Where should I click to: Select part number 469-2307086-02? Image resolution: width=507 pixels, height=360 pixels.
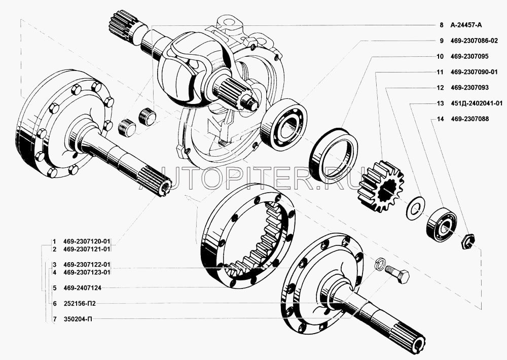click(474, 41)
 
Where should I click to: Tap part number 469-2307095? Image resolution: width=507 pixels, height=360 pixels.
click(469, 56)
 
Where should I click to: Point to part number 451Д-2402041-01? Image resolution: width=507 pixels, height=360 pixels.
click(476, 103)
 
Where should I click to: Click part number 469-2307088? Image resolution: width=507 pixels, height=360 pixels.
click(469, 119)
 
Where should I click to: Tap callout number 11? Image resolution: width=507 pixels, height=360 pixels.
click(440, 72)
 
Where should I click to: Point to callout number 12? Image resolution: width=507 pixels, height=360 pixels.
click(440, 88)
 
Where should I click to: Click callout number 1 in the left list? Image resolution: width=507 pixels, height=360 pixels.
click(54, 242)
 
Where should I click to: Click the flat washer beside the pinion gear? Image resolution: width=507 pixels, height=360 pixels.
click(416, 207)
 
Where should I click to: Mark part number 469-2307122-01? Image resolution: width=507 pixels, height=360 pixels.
click(87, 265)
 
